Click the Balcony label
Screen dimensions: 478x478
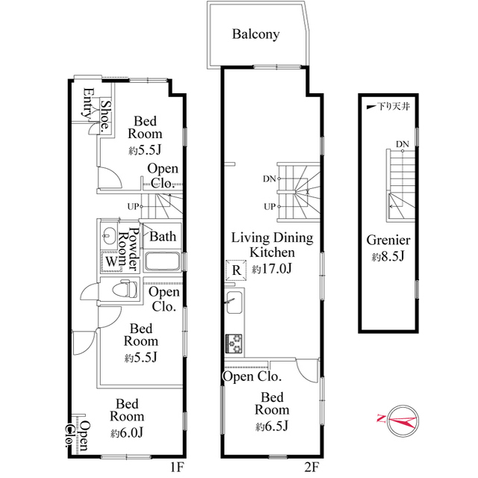[x=255, y=34]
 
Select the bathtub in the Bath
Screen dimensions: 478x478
[x=162, y=261]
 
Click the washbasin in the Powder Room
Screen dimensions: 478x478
[x=108, y=236]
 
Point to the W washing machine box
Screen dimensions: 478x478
[x=111, y=261]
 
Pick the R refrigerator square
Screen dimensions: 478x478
[x=236, y=270]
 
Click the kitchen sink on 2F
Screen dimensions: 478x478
[x=235, y=302]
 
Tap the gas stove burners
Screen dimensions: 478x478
[x=234, y=344]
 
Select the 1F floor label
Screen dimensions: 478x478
[x=177, y=467]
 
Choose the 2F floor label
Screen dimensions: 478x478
[x=311, y=467]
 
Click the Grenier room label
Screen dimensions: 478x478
[x=388, y=240]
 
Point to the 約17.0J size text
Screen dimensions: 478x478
[x=272, y=269]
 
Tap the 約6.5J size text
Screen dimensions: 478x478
[x=272, y=426]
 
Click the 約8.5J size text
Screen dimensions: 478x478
[x=388, y=257]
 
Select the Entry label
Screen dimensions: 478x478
[x=88, y=103]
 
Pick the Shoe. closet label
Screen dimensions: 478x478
[x=106, y=116]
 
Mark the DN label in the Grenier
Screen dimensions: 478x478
[x=403, y=144]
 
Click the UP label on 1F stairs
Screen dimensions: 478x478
[x=133, y=207]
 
